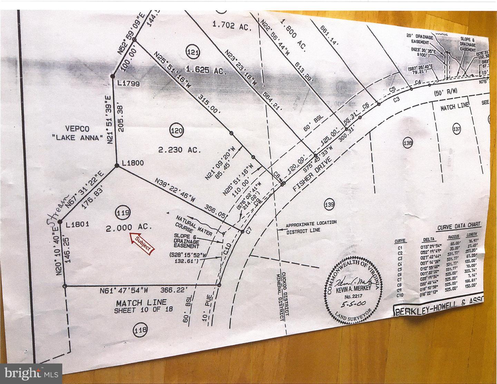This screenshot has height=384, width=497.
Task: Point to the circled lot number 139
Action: tap(329, 205)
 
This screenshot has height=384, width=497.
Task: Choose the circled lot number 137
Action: tap(457, 129)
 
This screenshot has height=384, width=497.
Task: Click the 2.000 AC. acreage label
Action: tap(129, 228)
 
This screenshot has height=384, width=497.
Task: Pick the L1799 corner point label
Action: tap(128, 83)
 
